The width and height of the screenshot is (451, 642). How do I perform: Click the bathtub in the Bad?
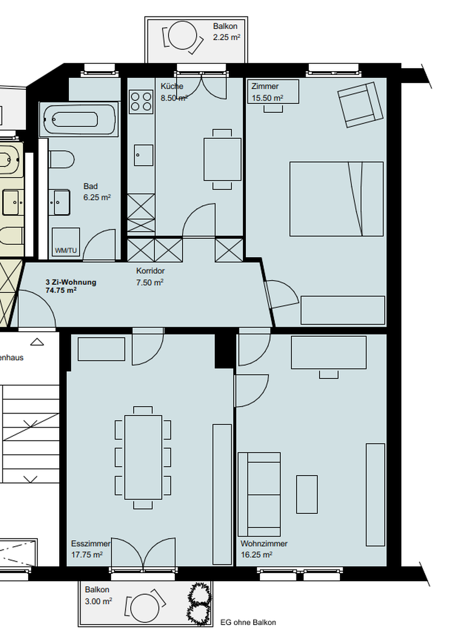coord(78,119)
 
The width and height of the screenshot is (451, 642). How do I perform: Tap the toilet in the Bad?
coord(61,159)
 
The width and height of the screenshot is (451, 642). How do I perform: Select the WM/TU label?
coord(66,250)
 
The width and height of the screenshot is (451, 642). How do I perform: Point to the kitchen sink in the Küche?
coord(144,155)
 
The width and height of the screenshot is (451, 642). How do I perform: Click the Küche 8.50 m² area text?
coord(174,92)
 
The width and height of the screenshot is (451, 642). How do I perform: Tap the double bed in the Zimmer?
coord(337,199)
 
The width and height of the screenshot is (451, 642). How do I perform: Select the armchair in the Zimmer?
coord(360,105)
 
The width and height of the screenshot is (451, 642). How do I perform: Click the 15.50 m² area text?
coord(267,98)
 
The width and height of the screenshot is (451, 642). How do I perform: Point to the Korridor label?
coord(150,271)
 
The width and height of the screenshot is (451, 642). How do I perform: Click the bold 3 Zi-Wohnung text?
coord(71,282)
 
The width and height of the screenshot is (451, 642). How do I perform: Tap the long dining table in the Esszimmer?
coord(143,458)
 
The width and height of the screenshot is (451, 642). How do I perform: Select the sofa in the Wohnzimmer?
coord(259,494)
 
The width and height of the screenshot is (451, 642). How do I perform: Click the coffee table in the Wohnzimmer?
coord(307,494)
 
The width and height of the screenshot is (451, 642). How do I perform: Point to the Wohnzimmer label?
coord(264,544)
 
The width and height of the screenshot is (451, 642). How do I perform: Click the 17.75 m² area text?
coord(87,555)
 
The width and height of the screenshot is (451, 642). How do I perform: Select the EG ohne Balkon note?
coord(248,622)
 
